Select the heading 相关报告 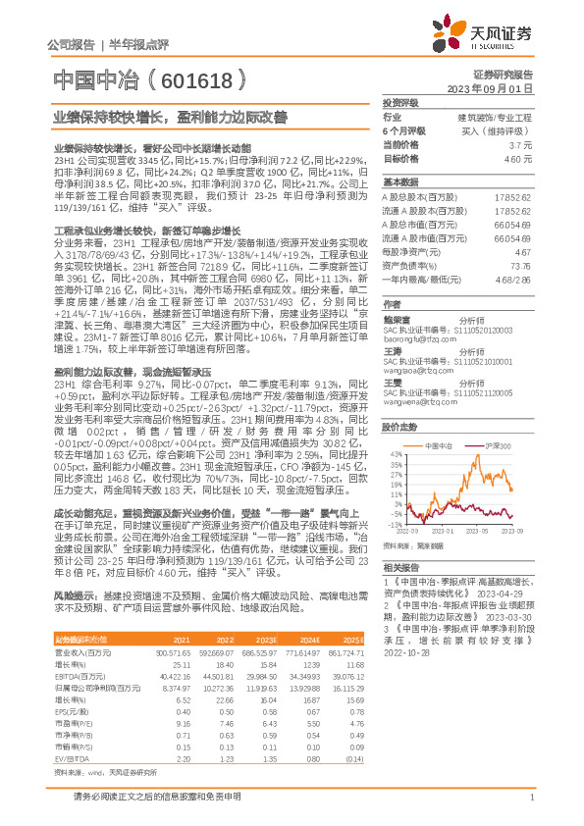[x=401, y=568]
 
